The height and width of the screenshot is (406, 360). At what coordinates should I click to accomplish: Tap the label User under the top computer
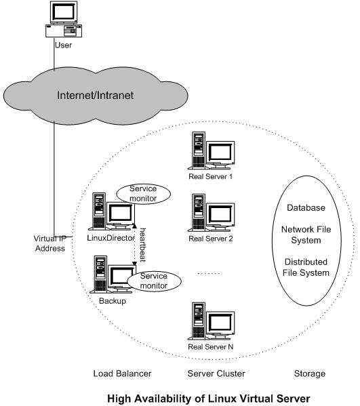pos(62,45)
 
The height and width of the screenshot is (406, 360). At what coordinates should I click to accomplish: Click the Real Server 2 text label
pos(210,238)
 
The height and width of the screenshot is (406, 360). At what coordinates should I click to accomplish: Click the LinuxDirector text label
pos(111,238)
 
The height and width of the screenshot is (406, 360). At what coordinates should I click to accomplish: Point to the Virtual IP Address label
pos(49,243)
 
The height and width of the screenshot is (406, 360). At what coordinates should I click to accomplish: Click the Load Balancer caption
pos(121,373)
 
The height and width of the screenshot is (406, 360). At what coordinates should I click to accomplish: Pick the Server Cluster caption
pos(216,373)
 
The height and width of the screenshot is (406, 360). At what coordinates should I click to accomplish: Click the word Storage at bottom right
pos(310,373)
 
